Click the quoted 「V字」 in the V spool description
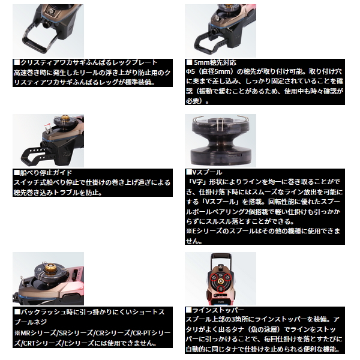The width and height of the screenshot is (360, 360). click(197, 182)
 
